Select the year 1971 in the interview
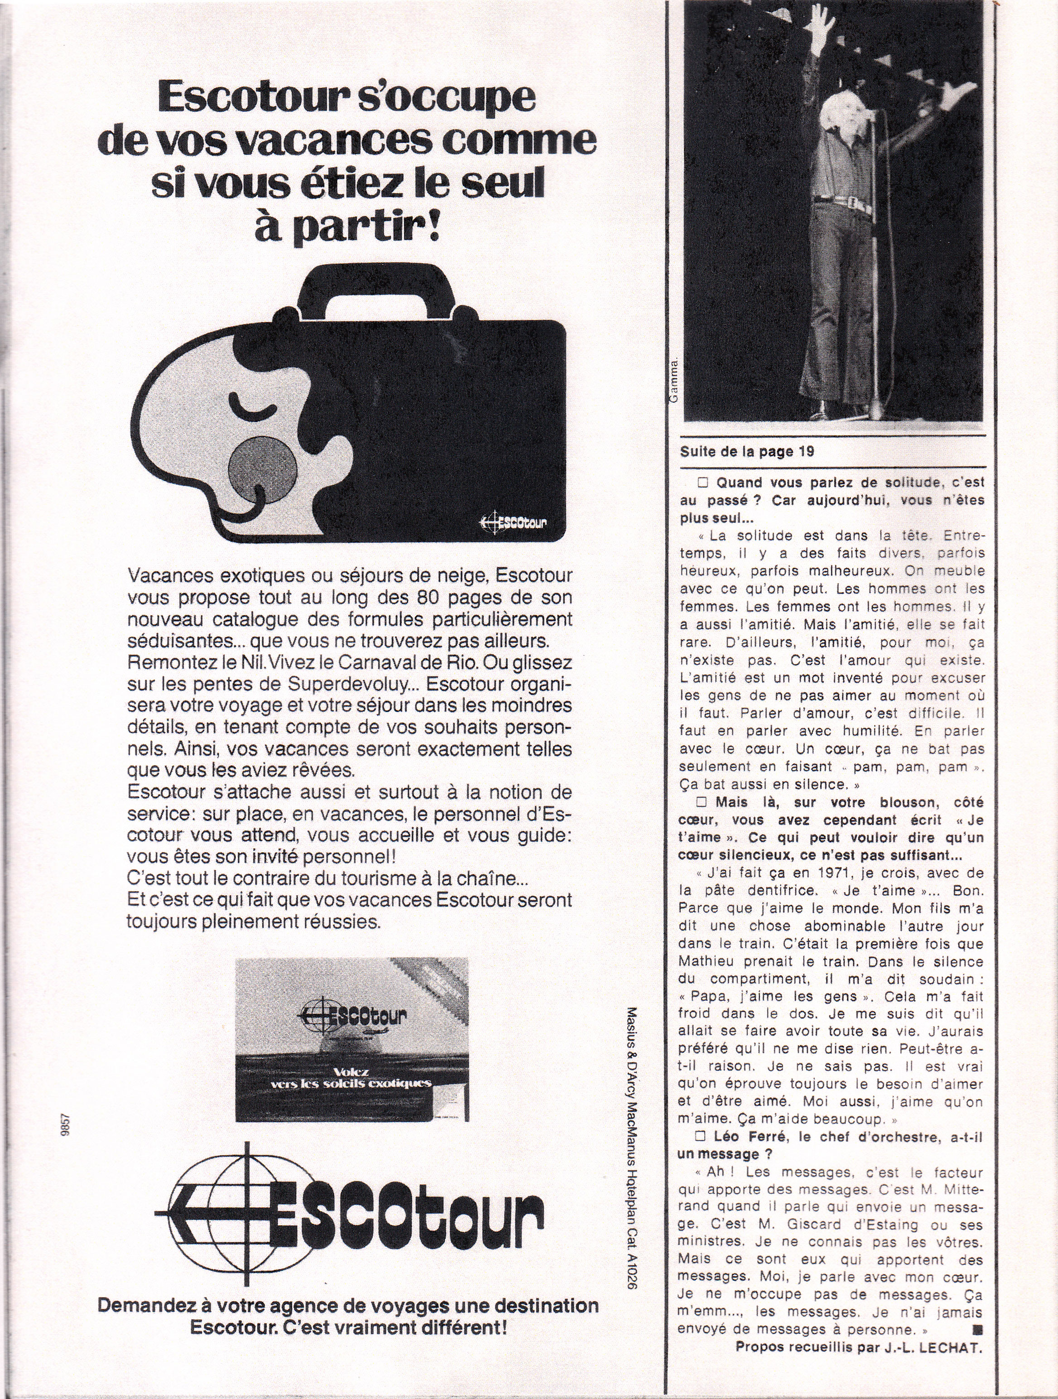pyautogui.click(x=830, y=873)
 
